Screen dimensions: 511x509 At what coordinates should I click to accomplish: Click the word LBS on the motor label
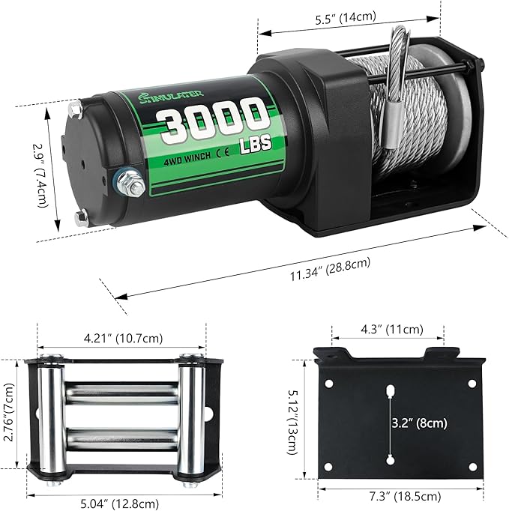[253, 141]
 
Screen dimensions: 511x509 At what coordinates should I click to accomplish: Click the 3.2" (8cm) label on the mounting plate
[420, 423]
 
